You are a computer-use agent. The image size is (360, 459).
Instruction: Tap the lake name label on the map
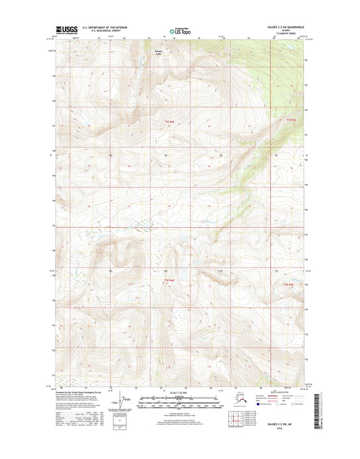pos(158,52)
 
